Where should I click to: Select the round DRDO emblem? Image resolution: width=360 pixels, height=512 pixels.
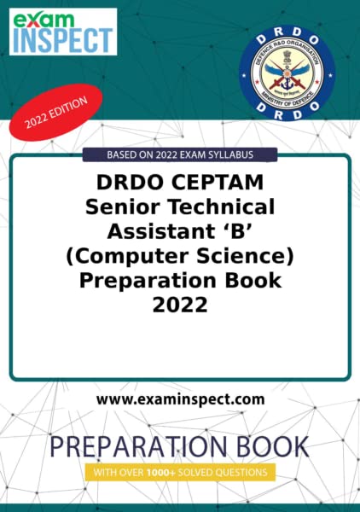pyautogui.click(x=281, y=75)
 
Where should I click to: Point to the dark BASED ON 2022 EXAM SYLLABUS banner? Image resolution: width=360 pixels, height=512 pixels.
pyautogui.click(x=180, y=154)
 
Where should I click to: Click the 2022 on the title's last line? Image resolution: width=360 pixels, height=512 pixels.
pyautogui.click(x=180, y=304)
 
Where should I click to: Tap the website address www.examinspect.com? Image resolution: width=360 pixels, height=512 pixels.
pyautogui.click(x=180, y=399)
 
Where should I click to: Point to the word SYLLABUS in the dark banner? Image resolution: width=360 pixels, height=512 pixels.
pyautogui.click(x=247, y=154)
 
